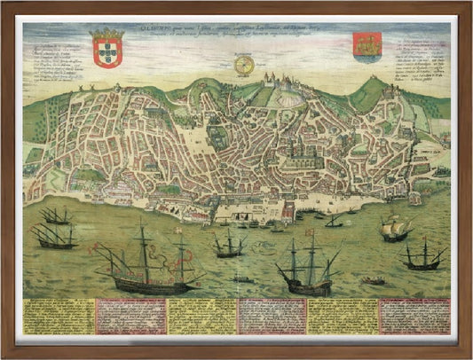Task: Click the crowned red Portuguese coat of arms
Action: pyautogui.click(x=108, y=49)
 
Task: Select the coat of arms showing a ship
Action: pyautogui.click(x=365, y=46)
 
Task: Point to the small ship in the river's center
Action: pyautogui.click(x=230, y=245)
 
